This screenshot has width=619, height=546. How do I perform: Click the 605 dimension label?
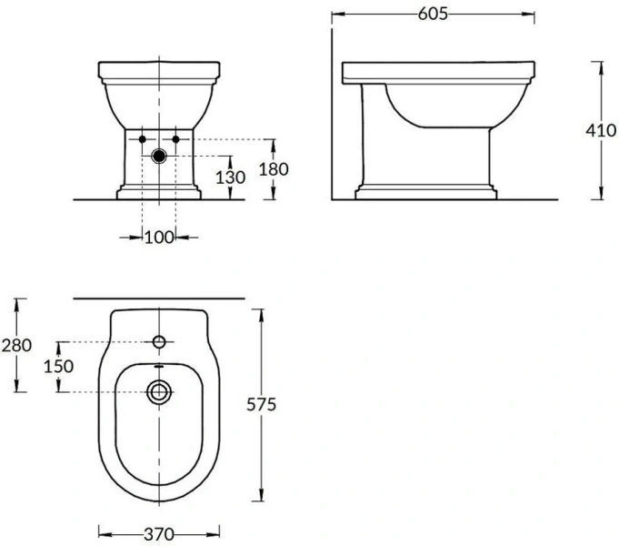coord(431,14)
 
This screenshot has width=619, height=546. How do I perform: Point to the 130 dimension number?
coord(230,177)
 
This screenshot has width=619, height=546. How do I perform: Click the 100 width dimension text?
coord(159,238)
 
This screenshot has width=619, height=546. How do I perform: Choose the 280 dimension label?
coord(17,345)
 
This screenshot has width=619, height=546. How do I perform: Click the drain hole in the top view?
coord(159,392)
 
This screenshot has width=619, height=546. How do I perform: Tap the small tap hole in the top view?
coord(159,342)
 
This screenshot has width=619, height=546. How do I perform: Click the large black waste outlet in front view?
coord(159,157)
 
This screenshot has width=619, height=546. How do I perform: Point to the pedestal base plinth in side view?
coord(426,192)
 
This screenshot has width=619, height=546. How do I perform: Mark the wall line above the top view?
coord(159,298)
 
